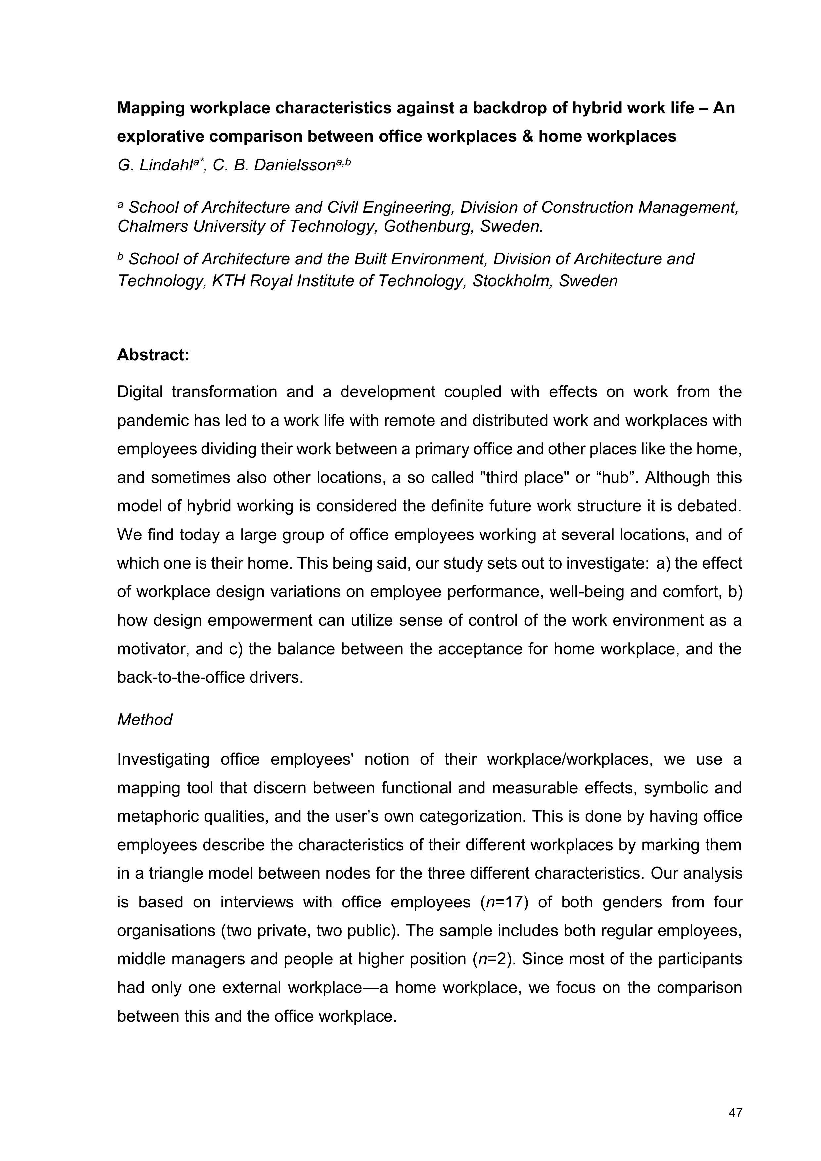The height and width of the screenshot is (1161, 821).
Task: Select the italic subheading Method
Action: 145,720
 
